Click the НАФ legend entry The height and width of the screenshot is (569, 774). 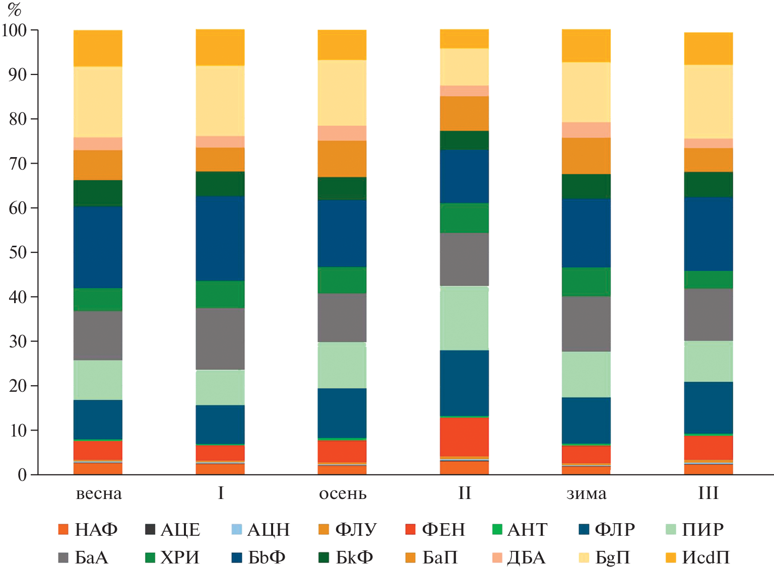(x=88, y=530)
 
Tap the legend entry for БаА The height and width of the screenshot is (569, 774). (x=84, y=558)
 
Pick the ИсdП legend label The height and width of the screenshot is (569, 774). (x=698, y=558)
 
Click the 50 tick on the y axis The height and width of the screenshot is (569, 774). (x=18, y=252)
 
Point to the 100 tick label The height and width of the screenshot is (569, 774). (x=14, y=30)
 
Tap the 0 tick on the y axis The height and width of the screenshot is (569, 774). (x=22, y=475)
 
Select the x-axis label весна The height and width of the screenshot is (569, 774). (x=99, y=493)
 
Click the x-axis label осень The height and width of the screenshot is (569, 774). (x=343, y=493)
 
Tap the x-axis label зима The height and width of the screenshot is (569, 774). (x=587, y=493)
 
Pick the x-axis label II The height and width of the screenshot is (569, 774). (x=465, y=493)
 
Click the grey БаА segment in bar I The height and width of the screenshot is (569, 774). (x=220, y=338)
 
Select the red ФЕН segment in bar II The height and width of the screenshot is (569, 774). (x=464, y=436)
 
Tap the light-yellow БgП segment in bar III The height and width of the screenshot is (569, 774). (x=708, y=102)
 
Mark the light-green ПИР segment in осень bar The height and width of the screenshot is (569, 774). (x=342, y=365)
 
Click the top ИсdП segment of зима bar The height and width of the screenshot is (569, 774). (x=586, y=46)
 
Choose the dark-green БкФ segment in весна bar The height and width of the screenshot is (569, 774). (x=98, y=193)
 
